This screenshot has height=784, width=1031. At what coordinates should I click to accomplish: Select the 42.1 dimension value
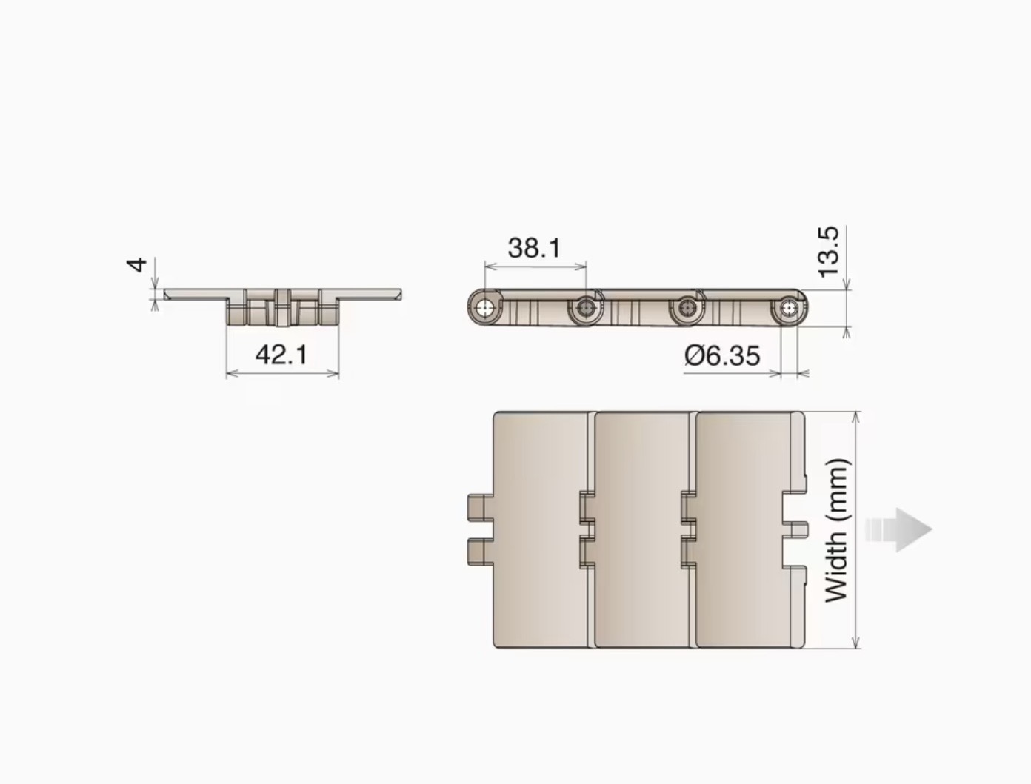click(281, 354)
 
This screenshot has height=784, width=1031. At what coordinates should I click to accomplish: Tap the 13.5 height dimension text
click(828, 252)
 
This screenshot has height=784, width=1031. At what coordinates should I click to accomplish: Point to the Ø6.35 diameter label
click(722, 355)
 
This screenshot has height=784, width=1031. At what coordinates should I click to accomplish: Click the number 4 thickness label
click(137, 265)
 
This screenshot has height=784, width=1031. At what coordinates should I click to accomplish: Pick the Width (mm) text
click(837, 530)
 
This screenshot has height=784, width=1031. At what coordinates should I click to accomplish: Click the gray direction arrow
click(898, 529)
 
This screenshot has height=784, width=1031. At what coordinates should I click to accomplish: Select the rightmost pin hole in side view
click(789, 309)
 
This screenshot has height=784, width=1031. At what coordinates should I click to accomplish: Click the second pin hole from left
click(586, 309)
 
